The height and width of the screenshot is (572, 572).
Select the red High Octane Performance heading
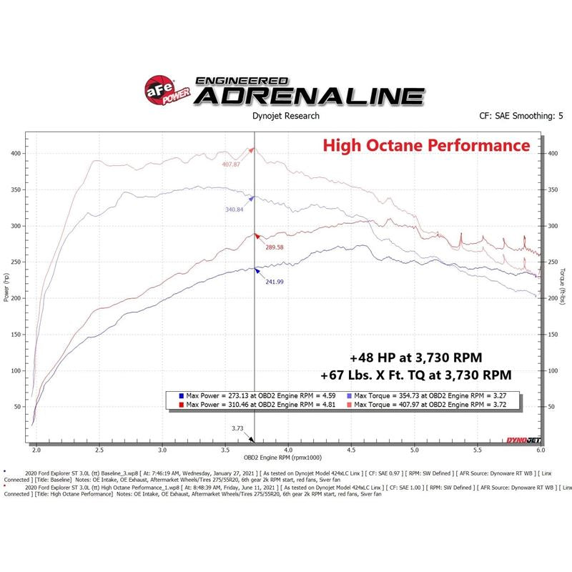426,146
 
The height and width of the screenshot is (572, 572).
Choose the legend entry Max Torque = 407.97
411,405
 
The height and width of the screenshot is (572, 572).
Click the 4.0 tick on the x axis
289,451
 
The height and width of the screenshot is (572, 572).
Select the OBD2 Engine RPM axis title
283,458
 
